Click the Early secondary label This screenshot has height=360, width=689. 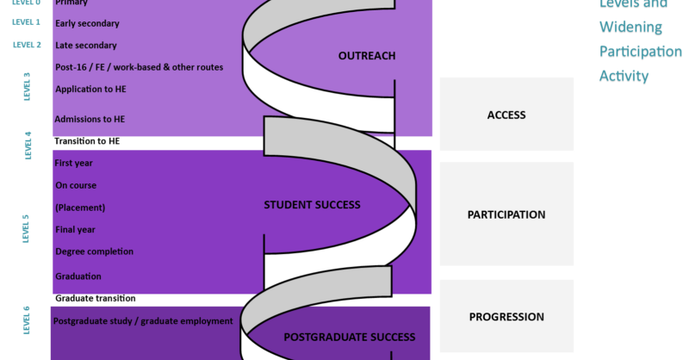87,23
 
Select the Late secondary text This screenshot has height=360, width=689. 85,45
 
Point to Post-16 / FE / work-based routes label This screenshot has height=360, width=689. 139,67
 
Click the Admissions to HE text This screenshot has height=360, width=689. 90,119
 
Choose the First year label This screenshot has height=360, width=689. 73,163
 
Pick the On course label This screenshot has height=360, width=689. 76,185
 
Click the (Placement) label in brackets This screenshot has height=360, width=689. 80,208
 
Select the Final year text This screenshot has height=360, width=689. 75,230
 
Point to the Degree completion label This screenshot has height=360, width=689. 94,251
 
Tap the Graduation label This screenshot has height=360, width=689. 78,276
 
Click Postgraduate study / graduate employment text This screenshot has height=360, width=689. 143,321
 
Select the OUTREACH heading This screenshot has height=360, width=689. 367,57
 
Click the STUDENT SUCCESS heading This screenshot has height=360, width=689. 312,205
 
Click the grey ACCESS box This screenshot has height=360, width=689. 506,115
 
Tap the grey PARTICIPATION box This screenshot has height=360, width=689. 506,214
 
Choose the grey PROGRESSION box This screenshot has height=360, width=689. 506,316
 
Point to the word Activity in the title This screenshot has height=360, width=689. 624,77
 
